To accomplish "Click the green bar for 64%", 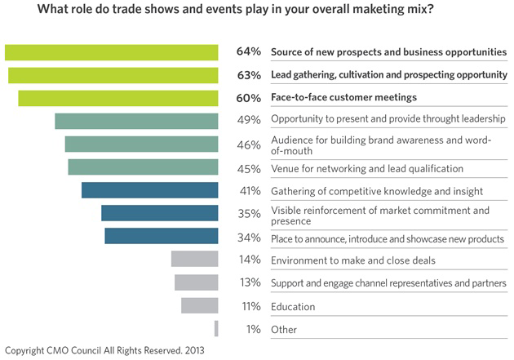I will coord(112,52).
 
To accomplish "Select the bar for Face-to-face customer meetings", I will coord(118,99).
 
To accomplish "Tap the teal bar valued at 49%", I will coord(136,121).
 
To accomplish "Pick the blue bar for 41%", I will coord(150,190).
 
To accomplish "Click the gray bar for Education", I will coord(200,305).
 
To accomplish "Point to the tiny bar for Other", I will coord(216,329).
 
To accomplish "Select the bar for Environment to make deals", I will coord(195,260).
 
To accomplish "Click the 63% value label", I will coord(249,75).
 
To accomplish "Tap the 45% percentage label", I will coord(249,168).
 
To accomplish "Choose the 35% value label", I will coord(249,214).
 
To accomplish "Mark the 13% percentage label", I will coord(249,282).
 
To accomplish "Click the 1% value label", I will coord(252,329).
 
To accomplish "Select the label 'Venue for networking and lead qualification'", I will coord(367,168).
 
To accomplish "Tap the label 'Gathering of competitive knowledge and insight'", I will coord(377,191).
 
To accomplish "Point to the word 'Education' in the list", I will coord(295,307).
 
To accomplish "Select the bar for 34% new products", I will coord(162,237).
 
